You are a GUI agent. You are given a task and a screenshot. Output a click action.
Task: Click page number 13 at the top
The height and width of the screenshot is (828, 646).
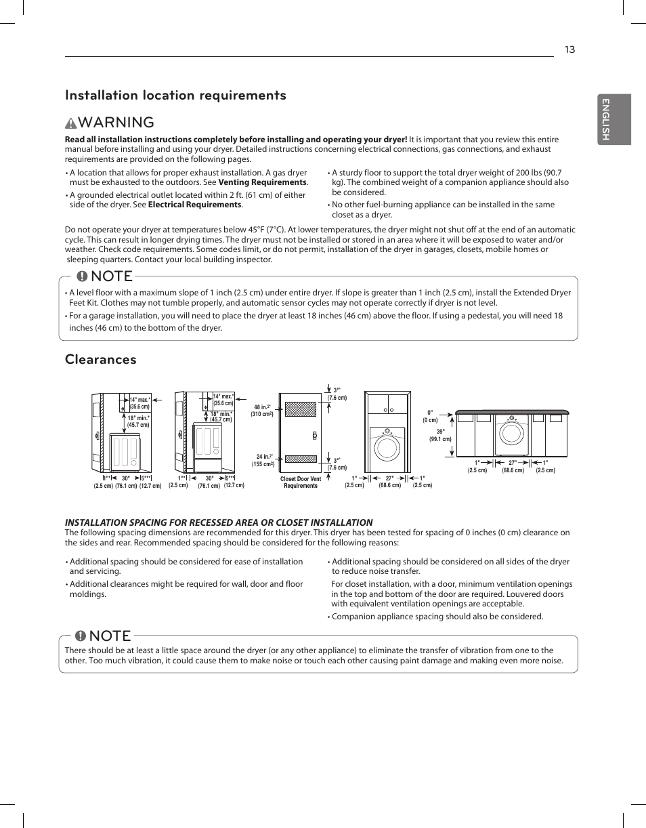(569, 49)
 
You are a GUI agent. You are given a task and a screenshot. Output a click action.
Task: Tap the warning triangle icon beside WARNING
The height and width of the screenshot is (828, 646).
(71, 123)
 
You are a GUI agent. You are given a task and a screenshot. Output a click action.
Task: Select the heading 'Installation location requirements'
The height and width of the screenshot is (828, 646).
(175, 96)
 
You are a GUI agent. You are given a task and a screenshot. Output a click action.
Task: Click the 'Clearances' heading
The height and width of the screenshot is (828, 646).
(100, 360)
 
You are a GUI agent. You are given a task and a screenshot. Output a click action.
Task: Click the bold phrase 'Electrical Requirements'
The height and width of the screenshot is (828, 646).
(194, 205)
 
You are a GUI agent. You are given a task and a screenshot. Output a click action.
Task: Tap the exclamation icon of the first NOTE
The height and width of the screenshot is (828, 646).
(82, 276)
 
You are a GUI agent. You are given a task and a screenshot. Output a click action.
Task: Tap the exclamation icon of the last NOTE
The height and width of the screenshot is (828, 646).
(81, 636)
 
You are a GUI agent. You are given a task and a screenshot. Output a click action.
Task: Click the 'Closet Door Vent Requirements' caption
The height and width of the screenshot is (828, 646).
(301, 482)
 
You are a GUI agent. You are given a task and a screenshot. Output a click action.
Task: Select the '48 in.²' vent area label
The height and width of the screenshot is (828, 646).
(262, 411)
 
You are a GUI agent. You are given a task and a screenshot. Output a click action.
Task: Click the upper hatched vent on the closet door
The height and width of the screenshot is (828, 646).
(301, 409)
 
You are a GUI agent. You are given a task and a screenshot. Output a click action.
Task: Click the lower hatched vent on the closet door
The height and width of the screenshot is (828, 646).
(301, 458)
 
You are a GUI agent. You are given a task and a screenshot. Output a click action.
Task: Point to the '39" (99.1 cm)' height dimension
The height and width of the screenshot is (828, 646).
(439, 436)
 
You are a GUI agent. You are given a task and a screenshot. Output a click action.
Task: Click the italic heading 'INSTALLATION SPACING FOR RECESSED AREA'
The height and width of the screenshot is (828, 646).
(218, 522)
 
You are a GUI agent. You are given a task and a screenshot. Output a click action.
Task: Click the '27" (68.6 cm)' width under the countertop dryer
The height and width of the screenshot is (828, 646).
(513, 467)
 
